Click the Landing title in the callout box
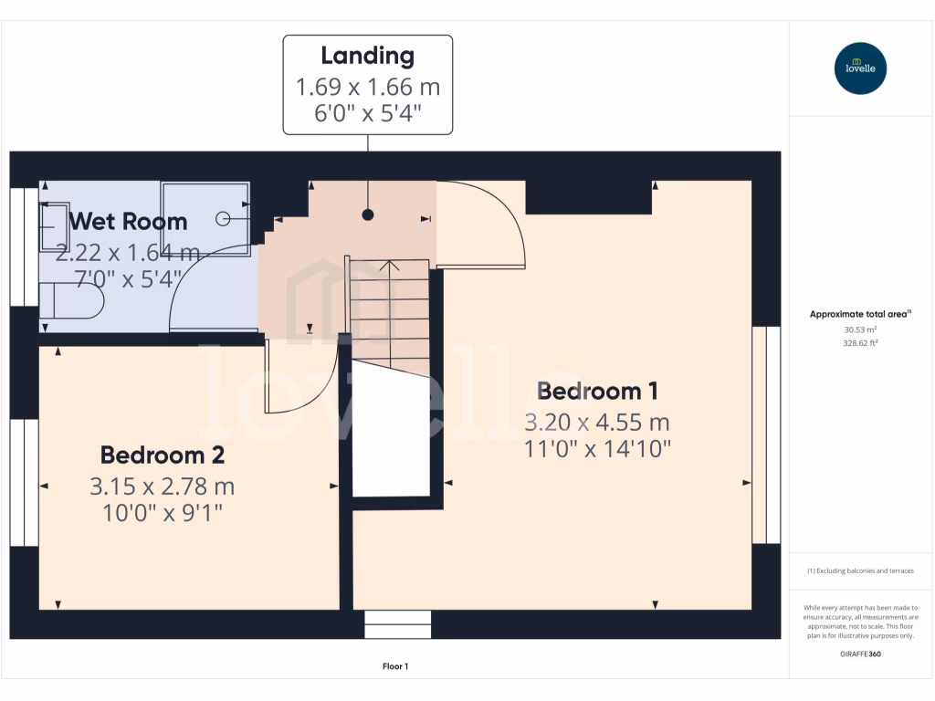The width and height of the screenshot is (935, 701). pyautogui.click(x=367, y=56)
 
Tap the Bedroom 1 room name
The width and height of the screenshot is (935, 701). pyautogui.click(x=597, y=392)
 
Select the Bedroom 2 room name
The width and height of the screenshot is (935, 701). pyautogui.click(x=162, y=455)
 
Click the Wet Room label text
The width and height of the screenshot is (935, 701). pyautogui.click(x=128, y=221)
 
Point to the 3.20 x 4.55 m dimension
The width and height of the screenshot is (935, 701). pyautogui.click(x=597, y=422)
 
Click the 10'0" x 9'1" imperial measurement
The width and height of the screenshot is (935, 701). pyautogui.click(x=162, y=513)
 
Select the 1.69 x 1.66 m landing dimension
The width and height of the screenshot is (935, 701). pyautogui.click(x=367, y=88)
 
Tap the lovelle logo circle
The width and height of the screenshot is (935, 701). pyautogui.click(x=860, y=68)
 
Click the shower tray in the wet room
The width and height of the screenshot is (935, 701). pyautogui.click(x=205, y=218)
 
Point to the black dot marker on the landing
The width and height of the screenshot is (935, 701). pyautogui.click(x=368, y=214)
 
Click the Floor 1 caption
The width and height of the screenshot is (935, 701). pyautogui.click(x=394, y=666)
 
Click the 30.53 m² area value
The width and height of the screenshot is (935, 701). pyautogui.click(x=860, y=330)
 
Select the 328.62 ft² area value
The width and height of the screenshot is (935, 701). pyautogui.click(x=860, y=343)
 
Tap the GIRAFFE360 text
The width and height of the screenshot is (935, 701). pyautogui.click(x=860, y=654)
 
